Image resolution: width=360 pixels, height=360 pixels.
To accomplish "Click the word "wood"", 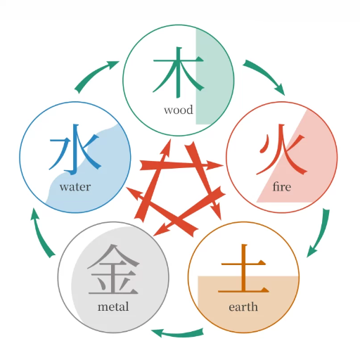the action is pyautogui.click(x=179, y=110).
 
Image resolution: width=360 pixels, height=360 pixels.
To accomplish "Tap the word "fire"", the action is pyautogui.click(x=282, y=187).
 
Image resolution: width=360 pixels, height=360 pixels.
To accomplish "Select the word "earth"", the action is pyautogui.click(x=243, y=307).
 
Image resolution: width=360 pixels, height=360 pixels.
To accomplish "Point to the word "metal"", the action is pyautogui.click(x=113, y=307).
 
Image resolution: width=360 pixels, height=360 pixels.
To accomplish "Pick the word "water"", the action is pyautogui.click(x=75, y=187).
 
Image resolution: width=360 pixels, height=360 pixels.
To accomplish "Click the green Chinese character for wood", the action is pyautogui.click(x=178, y=72).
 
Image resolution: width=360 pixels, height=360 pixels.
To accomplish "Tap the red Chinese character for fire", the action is pyautogui.click(x=282, y=149).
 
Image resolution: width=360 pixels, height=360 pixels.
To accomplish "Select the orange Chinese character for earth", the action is pyautogui.click(x=243, y=269).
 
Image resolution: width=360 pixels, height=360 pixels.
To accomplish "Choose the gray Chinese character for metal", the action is pyautogui.click(x=113, y=269).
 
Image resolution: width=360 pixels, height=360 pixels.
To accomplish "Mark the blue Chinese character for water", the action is pyautogui.click(x=75, y=149).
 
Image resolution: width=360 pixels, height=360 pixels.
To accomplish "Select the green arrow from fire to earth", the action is pyautogui.click(x=321, y=234).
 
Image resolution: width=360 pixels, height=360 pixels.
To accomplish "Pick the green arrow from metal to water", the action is pyautogui.click(x=40, y=234).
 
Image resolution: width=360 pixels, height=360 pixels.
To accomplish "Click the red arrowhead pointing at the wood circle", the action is pyautogui.click(x=167, y=146).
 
